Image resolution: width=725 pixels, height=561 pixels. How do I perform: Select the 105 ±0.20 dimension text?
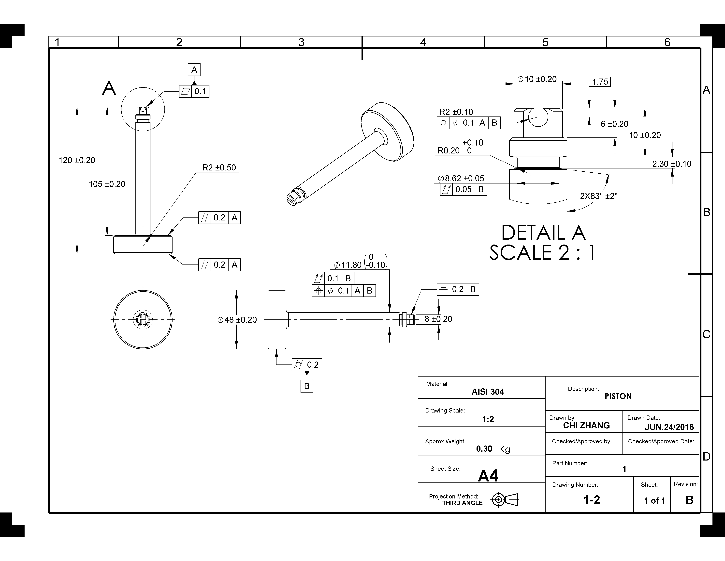pos(107,184)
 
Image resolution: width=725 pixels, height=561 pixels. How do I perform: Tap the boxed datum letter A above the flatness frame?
pos(194,70)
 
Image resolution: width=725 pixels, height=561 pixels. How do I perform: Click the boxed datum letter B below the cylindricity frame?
pos(306,386)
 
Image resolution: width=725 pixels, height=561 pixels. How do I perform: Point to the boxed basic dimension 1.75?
pos(600,82)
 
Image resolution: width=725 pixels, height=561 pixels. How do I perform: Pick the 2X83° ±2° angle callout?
pos(598,196)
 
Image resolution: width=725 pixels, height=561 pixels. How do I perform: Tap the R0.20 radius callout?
pos(449,150)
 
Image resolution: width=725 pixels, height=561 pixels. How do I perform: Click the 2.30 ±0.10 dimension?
pos(672,164)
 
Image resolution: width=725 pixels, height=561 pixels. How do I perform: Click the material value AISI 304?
pos(488,392)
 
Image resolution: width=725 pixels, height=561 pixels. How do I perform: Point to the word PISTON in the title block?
pos(618,396)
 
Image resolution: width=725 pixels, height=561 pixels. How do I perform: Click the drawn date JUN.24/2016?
pos(669,427)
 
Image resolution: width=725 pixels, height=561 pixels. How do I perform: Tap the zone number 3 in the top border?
pos(301,42)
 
